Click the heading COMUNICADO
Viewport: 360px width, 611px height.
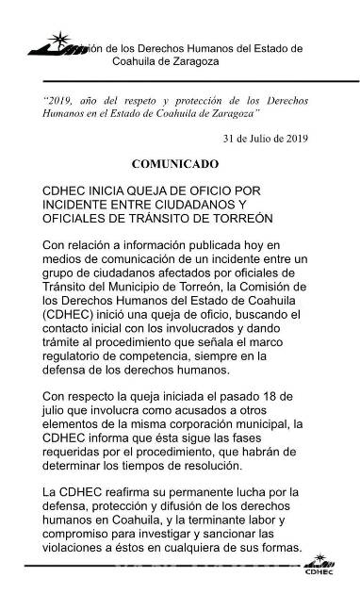pos(179,163)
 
